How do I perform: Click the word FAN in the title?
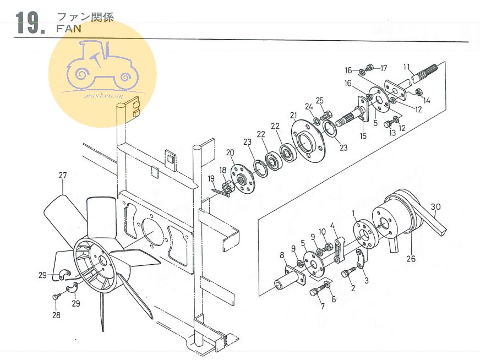(x=69, y=29)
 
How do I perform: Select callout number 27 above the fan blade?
(x=62, y=176)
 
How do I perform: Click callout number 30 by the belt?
(x=435, y=207)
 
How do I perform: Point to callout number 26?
(x=411, y=259)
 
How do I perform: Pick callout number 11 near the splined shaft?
(x=407, y=67)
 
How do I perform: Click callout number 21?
(x=293, y=116)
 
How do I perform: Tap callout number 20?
(x=230, y=152)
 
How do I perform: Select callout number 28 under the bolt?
(x=56, y=315)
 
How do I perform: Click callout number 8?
(x=282, y=255)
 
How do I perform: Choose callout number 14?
(x=427, y=100)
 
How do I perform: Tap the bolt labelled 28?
(x=56, y=297)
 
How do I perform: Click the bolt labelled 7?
(x=316, y=291)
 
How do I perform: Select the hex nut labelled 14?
(x=418, y=91)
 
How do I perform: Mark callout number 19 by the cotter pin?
(x=211, y=178)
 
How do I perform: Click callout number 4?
(x=333, y=226)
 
